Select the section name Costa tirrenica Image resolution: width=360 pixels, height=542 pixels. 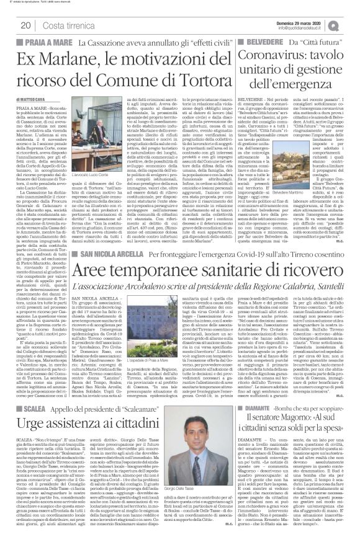(x=67, y=25)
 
